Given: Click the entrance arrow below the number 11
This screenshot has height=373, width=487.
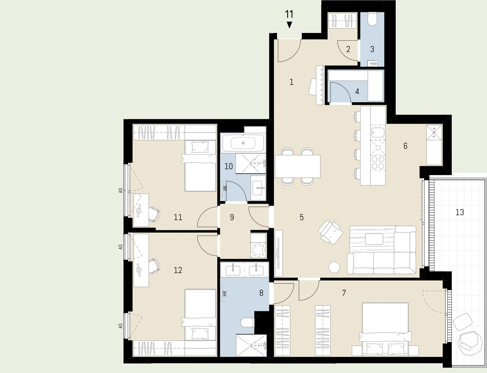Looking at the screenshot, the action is pyautogui.click(x=289, y=25).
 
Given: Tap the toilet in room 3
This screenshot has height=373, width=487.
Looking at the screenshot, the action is pyautogui.click(x=372, y=19).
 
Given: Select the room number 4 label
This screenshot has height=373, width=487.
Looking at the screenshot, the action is pyautogui.click(x=357, y=91).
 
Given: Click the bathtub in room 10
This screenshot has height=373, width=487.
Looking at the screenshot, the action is pyautogui.click(x=243, y=143).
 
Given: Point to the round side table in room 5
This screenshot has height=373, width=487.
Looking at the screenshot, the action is pyautogui.click(x=334, y=267).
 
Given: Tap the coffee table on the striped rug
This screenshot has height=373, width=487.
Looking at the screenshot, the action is pyautogui.click(x=374, y=239).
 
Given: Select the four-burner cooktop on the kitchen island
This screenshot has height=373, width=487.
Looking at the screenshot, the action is pyautogui.click(x=378, y=163).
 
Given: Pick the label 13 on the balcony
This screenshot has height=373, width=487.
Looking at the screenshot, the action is pyautogui.click(x=460, y=212).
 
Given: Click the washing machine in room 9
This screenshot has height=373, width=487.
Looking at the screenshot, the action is pyautogui.click(x=258, y=250).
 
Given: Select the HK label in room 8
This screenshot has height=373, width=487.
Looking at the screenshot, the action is pyautogui.click(x=224, y=293).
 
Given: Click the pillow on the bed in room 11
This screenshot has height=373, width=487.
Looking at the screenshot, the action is pyautogui.click(x=200, y=147).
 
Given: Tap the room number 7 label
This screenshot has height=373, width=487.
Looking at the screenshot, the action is pyautogui.click(x=344, y=293).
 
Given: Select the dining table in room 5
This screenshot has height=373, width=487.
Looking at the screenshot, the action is pyautogui.click(x=298, y=166).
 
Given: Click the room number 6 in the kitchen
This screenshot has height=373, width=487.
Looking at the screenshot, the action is pyautogui.click(x=405, y=146).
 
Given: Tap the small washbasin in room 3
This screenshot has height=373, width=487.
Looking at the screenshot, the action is pyautogui.click(x=372, y=63).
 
